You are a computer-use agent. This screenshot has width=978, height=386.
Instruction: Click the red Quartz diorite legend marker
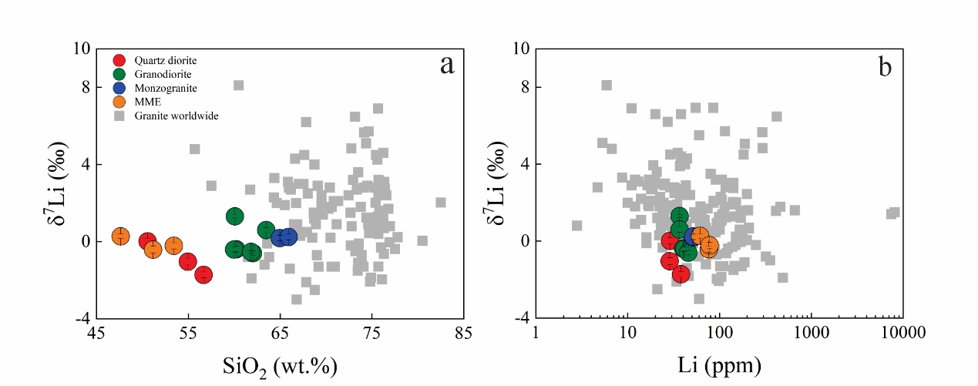(x=119, y=60)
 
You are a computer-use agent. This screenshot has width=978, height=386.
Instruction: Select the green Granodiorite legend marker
(x=119, y=74)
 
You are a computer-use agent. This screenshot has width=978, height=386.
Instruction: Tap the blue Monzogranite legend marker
(x=119, y=88)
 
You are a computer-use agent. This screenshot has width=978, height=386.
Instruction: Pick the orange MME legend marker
(x=119, y=102)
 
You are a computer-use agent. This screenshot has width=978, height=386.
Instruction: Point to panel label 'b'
(x=885, y=67)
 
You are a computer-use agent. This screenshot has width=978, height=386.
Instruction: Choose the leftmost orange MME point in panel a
(x=120, y=236)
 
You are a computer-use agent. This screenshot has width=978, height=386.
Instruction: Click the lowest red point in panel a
(x=203, y=274)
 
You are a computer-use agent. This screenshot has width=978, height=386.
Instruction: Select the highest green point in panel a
(x=235, y=216)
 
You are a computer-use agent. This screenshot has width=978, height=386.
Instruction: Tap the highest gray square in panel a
(x=239, y=85)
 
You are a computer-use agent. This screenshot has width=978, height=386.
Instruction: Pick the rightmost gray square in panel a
(x=441, y=202)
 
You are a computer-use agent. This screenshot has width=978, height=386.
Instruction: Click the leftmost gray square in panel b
(x=576, y=226)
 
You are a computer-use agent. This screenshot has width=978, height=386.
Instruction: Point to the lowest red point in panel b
(x=681, y=274)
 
